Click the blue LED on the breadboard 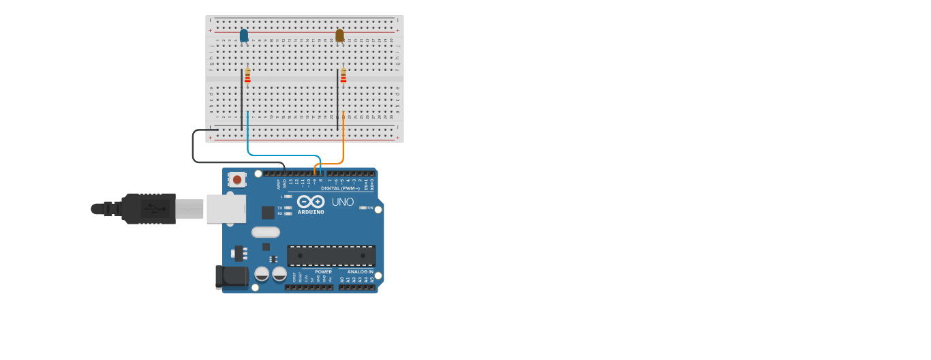(244, 35)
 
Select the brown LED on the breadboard (339, 35)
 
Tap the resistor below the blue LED (247, 76)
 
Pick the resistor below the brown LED (344, 76)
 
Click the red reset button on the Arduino (236, 179)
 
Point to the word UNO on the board (343, 202)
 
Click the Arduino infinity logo (311, 201)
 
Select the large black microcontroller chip (331, 256)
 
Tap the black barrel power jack (232, 276)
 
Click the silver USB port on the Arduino (226, 209)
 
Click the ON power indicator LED (363, 207)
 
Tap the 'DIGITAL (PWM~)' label (340, 188)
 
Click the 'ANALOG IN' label (361, 271)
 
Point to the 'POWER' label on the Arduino (323, 271)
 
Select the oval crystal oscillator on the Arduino (266, 232)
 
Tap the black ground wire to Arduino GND (194, 147)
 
